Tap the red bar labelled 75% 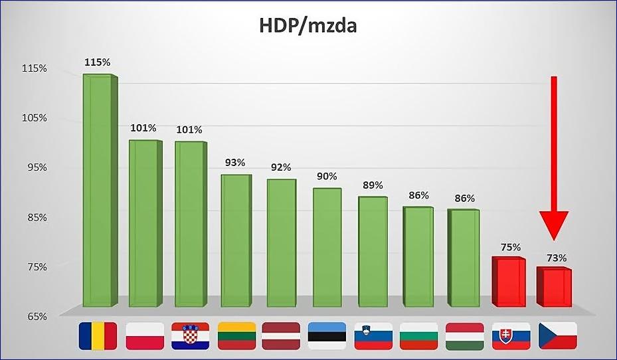click(507, 282)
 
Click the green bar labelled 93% click(235, 240)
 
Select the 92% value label click(281, 167)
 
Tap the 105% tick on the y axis click(35, 118)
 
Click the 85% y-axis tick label click(35, 218)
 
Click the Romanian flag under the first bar click(98, 336)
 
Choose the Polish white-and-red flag click(144, 336)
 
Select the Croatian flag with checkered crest click(190, 336)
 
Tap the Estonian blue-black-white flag click(327, 336)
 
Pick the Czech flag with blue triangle click(557, 336)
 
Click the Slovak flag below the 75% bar click(511, 336)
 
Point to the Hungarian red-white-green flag click(464, 336)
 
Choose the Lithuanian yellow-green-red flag click(236, 336)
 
